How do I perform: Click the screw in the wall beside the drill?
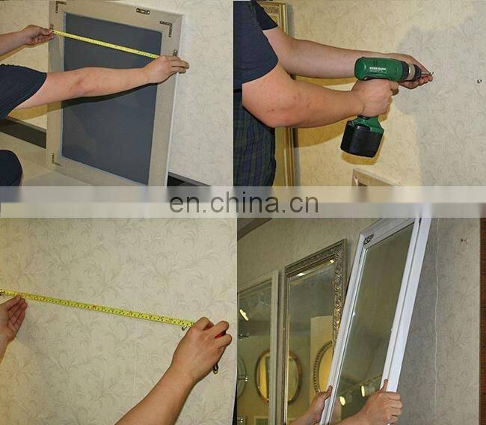click(479, 79)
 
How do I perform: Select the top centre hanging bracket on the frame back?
click(143, 10)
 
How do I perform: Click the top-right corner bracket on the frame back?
click(166, 28)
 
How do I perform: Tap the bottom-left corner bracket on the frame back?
click(55, 159)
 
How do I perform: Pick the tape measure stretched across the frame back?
click(105, 43)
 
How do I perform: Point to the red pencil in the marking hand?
click(220, 334)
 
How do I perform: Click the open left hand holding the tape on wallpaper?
click(10, 317)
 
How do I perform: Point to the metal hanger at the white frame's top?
click(368, 239)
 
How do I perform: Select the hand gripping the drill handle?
click(374, 97)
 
